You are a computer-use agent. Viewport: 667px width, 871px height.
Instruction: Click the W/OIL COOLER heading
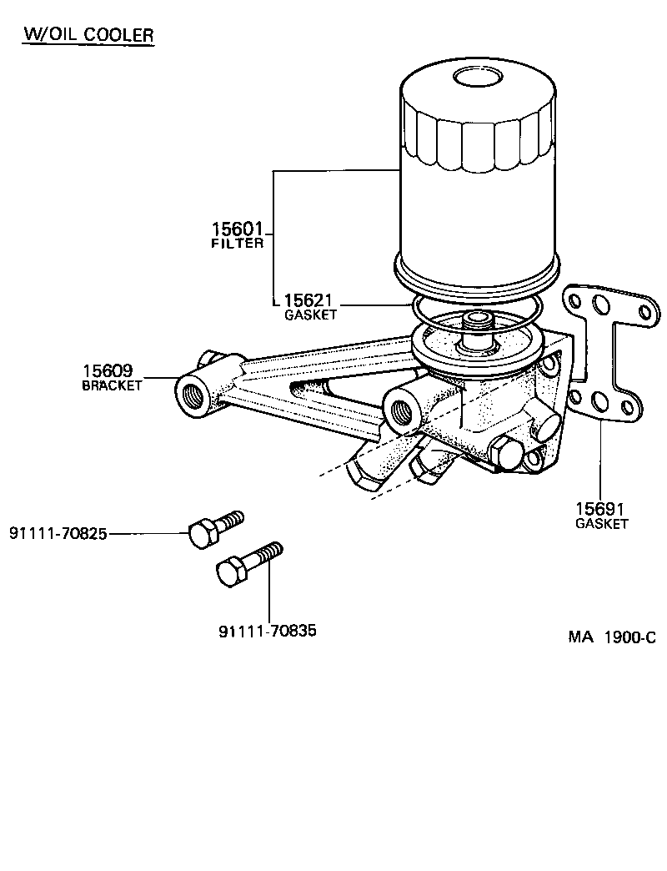click(x=88, y=34)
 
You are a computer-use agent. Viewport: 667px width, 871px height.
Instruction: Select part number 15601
click(x=236, y=229)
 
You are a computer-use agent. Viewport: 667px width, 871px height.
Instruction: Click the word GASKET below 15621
click(x=310, y=315)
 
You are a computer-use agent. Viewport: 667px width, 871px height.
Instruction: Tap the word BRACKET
click(x=112, y=385)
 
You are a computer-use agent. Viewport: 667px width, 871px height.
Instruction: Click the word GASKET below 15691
click(x=601, y=524)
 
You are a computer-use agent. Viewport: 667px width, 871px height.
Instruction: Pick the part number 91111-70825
click(x=58, y=533)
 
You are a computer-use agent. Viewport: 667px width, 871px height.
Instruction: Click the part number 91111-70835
click(x=268, y=631)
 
